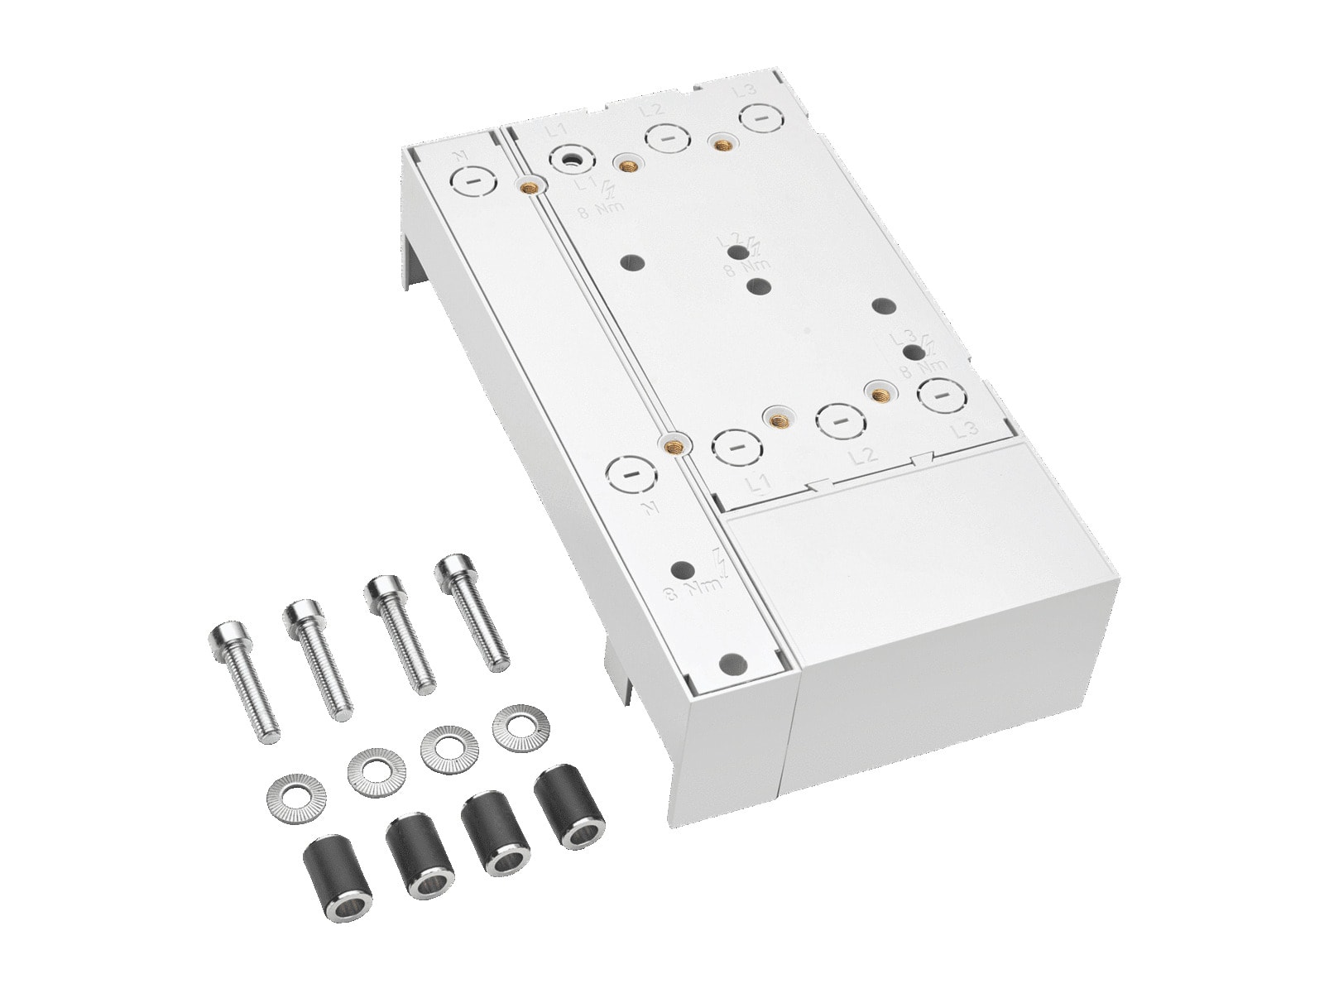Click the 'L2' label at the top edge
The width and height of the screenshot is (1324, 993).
[x=652, y=110]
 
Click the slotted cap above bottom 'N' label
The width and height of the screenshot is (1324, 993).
[x=629, y=475]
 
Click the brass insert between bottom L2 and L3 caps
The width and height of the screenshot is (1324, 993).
[x=878, y=392]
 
